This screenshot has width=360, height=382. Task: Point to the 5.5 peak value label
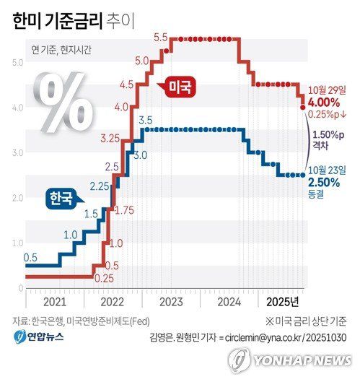click(x=160, y=37)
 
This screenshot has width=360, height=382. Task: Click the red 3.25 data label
click(x=110, y=137)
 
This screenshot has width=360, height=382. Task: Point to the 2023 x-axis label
click(x=171, y=300)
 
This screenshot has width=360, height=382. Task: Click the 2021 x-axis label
click(x=55, y=300)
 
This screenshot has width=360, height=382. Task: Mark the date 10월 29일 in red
click(x=327, y=90)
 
